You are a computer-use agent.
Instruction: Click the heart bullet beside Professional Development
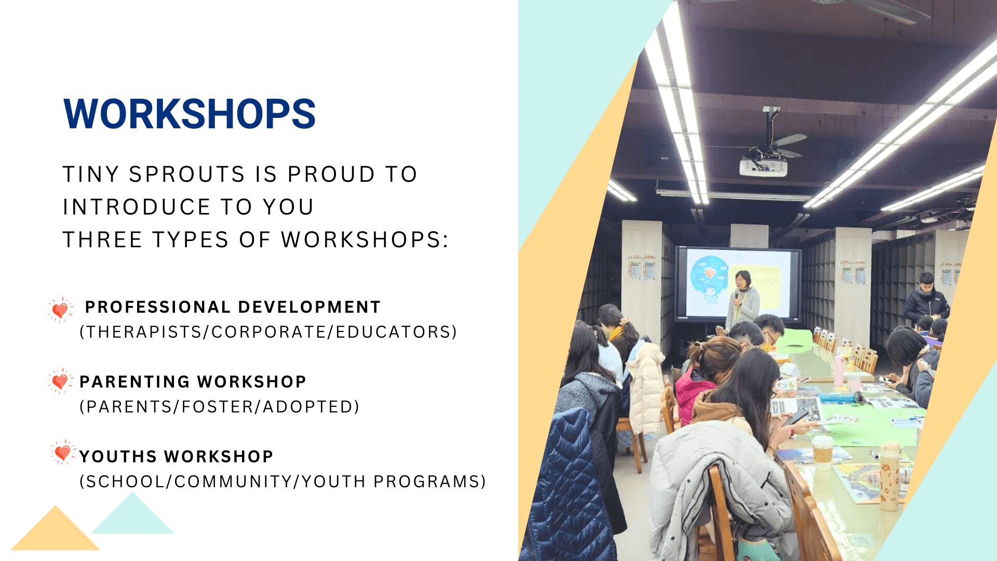(x=60, y=310)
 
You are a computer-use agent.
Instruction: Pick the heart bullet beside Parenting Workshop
(x=60, y=381)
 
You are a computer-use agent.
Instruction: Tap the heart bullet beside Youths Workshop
(x=63, y=452)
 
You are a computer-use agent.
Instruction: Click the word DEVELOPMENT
(x=309, y=307)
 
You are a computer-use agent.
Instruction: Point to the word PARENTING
(x=134, y=382)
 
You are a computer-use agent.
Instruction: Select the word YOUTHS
(x=118, y=457)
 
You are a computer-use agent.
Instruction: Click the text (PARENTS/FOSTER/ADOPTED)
(x=219, y=407)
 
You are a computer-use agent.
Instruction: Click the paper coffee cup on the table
(x=822, y=450)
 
